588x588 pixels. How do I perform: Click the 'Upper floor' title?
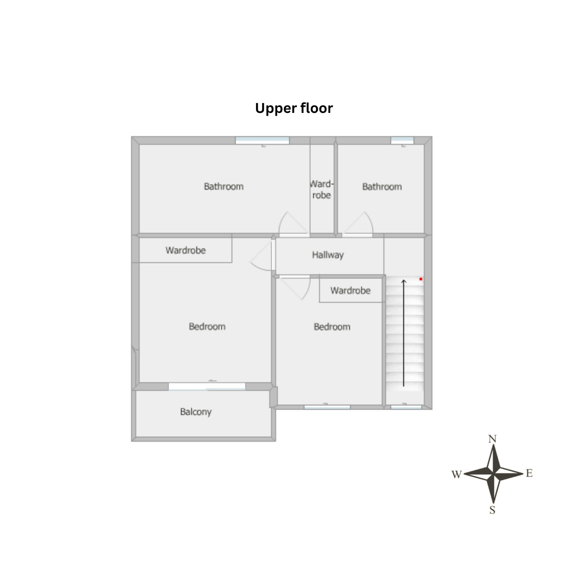[294, 108]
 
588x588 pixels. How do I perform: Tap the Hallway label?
[328, 255]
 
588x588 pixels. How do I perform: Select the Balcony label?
[196, 412]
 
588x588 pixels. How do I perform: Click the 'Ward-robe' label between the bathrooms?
[321, 189]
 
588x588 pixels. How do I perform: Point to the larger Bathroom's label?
[223, 186]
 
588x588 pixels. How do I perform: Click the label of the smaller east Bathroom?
[382, 187]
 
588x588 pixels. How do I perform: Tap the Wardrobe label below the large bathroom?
[185, 250]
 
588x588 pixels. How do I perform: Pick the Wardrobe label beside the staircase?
[350, 290]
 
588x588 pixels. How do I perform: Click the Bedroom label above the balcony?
[207, 327]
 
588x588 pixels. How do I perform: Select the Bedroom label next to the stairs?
[332, 327]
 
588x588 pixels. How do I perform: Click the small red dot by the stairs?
[421, 279]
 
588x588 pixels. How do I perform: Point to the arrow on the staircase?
[403, 333]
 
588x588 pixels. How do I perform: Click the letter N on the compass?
[492, 439]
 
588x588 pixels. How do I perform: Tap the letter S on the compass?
[492, 510]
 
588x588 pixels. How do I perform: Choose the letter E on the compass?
[529, 474]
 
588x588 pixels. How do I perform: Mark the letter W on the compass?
[457, 475]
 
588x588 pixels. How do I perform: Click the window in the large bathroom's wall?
[262, 140]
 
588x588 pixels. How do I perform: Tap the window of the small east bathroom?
[403, 140]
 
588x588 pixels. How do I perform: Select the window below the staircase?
[406, 407]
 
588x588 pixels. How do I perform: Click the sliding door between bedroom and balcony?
[207, 387]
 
